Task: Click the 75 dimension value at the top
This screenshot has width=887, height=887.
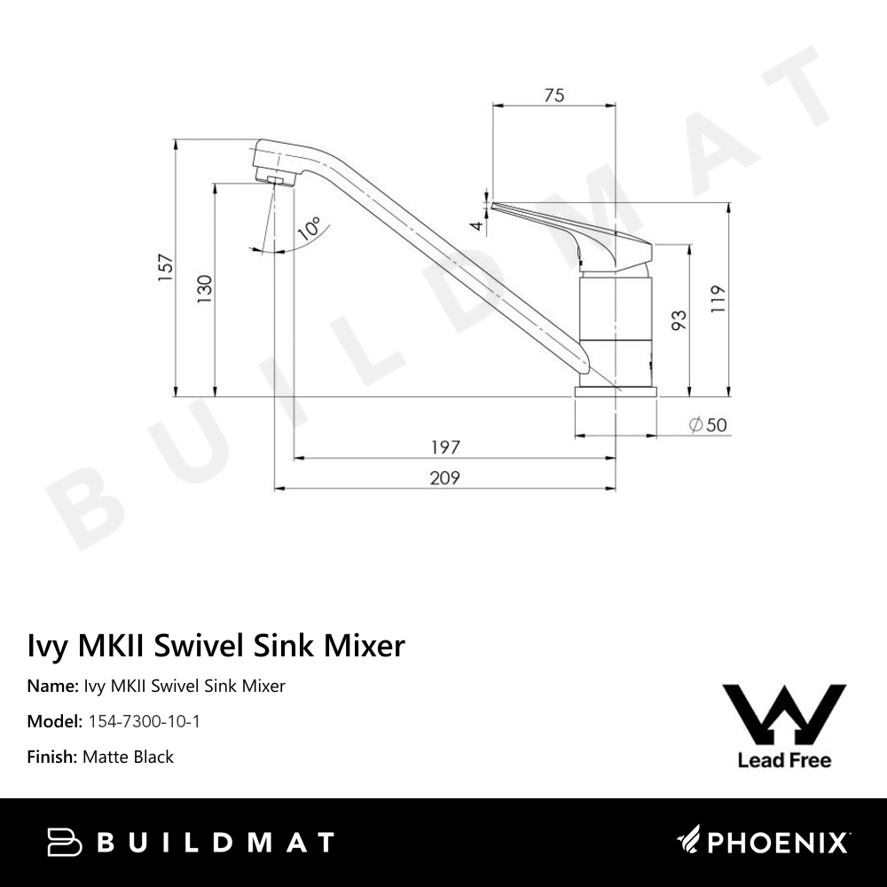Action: (x=553, y=96)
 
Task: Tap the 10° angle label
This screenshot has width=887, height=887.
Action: (x=310, y=230)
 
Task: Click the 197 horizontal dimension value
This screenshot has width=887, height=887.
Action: (x=444, y=449)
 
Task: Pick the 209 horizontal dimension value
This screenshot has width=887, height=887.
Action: (x=444, y=478)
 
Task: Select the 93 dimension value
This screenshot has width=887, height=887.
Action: (x=679, y=320)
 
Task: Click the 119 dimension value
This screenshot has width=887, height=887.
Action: (x=718, y=300)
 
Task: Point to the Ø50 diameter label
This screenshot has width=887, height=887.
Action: (x=708, y=426)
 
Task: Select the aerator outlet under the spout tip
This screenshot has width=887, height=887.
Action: (x=276, y=181)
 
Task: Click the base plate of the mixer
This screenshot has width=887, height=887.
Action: (x=616, y=391)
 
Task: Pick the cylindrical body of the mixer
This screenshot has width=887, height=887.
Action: (x=616, y=328)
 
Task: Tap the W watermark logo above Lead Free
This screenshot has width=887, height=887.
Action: (x=784, y=714)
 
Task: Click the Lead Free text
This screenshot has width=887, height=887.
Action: (x=784, y=760)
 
